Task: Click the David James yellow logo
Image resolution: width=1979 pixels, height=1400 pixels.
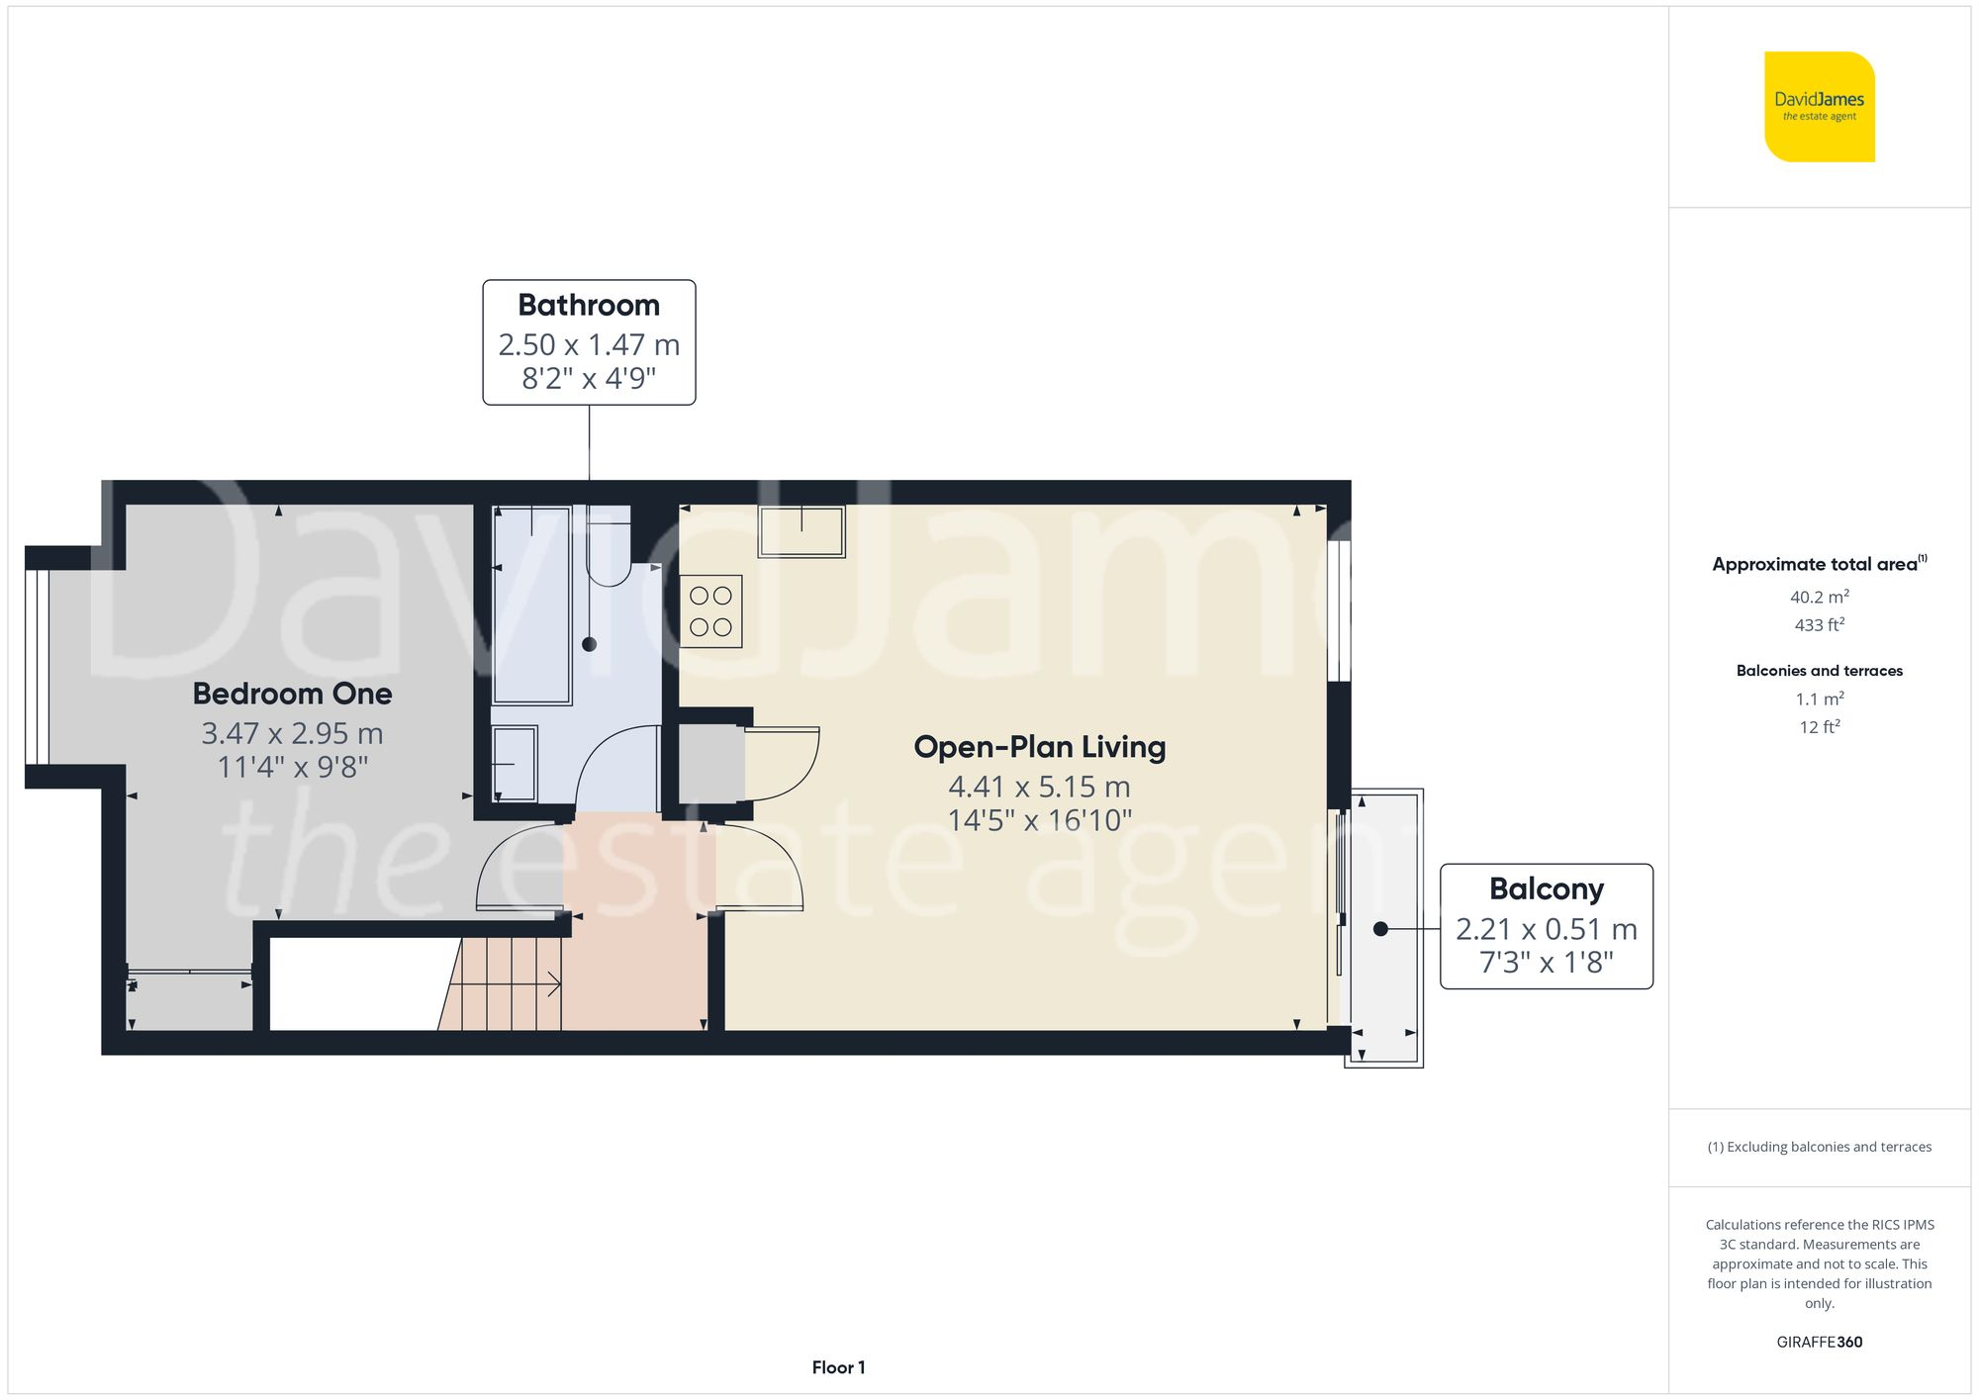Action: point(1819,107)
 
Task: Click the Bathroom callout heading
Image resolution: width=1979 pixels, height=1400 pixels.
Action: point(589,305)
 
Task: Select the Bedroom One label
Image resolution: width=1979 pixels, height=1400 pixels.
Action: point(292,694)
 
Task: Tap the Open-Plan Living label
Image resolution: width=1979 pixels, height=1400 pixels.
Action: point(1039,747)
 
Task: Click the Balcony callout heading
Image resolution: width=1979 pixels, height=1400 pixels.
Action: point(1546,888)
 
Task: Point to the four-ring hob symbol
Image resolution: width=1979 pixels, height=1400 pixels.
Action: point(710,611)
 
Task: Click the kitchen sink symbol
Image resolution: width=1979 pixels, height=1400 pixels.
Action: point(801,531)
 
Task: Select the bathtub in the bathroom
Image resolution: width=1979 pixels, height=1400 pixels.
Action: point(532,604)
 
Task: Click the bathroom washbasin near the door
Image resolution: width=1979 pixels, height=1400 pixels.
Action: point(515,764)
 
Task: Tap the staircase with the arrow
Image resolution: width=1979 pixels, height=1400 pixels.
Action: point(505,983)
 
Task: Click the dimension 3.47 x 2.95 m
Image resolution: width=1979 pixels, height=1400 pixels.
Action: point(292,733)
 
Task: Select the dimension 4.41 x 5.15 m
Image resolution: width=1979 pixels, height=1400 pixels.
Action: point(1039,787)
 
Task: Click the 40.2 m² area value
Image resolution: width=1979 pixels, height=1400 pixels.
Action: point(1819,597)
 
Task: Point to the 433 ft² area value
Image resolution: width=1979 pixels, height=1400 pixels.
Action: point(1819,624)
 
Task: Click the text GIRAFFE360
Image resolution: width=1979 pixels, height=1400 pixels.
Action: point(1819,1342)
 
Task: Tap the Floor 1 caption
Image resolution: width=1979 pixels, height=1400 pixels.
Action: point(838,1367)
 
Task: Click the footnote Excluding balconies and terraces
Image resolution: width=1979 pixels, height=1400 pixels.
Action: point(1819,1147)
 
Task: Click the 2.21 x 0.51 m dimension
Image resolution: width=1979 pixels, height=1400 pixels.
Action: point(1546,929)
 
